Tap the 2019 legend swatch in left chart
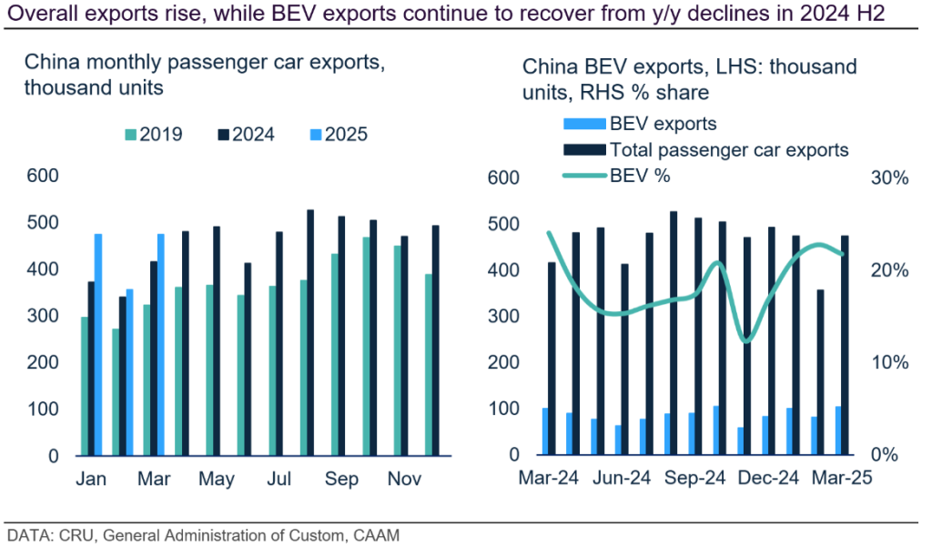pyautogui.click(x=129, y=135)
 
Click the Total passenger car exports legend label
pyautogui.click(x=729, y=149)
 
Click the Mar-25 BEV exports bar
pyautogui.click(x=838, y=430)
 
